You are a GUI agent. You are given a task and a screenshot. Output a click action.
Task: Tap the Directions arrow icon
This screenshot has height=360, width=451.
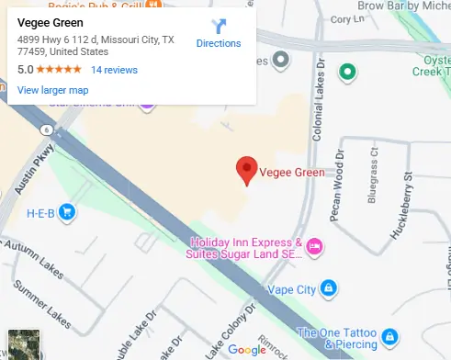point(219,26)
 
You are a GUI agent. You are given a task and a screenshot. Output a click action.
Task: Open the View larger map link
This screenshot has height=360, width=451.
point(52,90)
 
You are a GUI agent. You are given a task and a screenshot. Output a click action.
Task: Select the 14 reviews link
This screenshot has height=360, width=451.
point(114,69)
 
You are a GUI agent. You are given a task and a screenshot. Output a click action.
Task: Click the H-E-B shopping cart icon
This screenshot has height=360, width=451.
point(66,213)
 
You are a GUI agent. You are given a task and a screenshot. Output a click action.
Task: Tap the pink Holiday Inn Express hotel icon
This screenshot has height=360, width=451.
point(314,246)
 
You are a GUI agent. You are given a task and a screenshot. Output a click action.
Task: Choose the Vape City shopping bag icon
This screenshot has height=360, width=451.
point(328,289)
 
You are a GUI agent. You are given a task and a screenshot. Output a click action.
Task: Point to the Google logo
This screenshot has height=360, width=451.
point(246,349)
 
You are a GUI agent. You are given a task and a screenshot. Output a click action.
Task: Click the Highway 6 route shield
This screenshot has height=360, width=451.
point(46,130)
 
